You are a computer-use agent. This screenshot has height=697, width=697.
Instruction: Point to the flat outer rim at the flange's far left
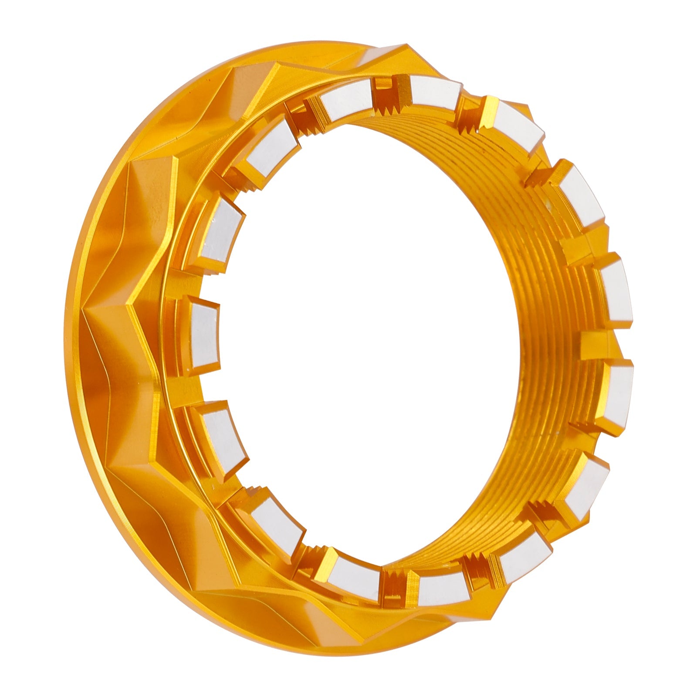coord(78,348)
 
